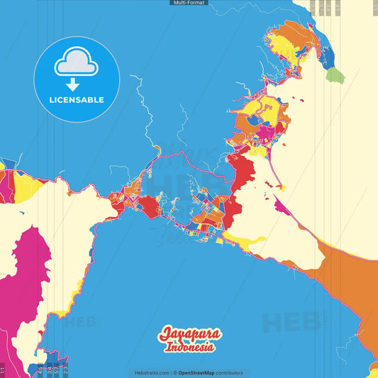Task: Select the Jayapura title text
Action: tap(190, 334)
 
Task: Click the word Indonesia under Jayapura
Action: tap(190, 348)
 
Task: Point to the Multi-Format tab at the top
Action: tap(189, 3)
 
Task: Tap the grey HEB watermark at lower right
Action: tap(291, 323)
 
